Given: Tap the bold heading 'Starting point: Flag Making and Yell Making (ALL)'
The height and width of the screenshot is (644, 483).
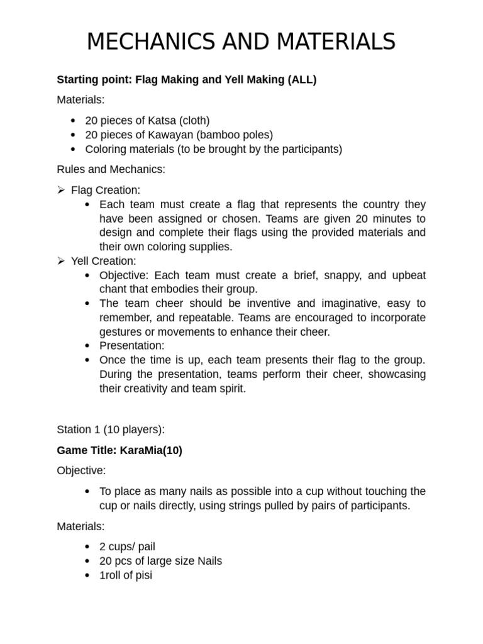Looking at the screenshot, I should click(187, 79).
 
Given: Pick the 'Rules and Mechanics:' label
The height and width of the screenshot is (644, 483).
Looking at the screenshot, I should click(111, 169).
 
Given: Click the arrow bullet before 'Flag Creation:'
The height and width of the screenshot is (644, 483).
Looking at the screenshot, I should click(61, 190).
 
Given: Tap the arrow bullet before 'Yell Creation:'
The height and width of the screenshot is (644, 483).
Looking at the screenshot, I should click(61, 260).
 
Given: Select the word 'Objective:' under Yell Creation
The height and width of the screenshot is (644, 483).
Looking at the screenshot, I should click(125, 275).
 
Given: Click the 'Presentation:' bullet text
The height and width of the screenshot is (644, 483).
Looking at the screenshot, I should click(131, 345).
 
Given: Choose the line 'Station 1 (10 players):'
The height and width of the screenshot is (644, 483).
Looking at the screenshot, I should click(111, 430).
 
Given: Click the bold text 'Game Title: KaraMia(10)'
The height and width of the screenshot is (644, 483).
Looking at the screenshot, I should click(119, 450).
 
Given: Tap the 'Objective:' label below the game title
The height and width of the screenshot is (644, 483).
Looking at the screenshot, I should click(82, 470).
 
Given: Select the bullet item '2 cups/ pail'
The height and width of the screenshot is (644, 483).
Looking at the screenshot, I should click(127, 547).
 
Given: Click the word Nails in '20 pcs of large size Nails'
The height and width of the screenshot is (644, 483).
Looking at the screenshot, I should click(209, 560).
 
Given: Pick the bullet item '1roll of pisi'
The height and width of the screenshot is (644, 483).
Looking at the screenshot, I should click(126, 575).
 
